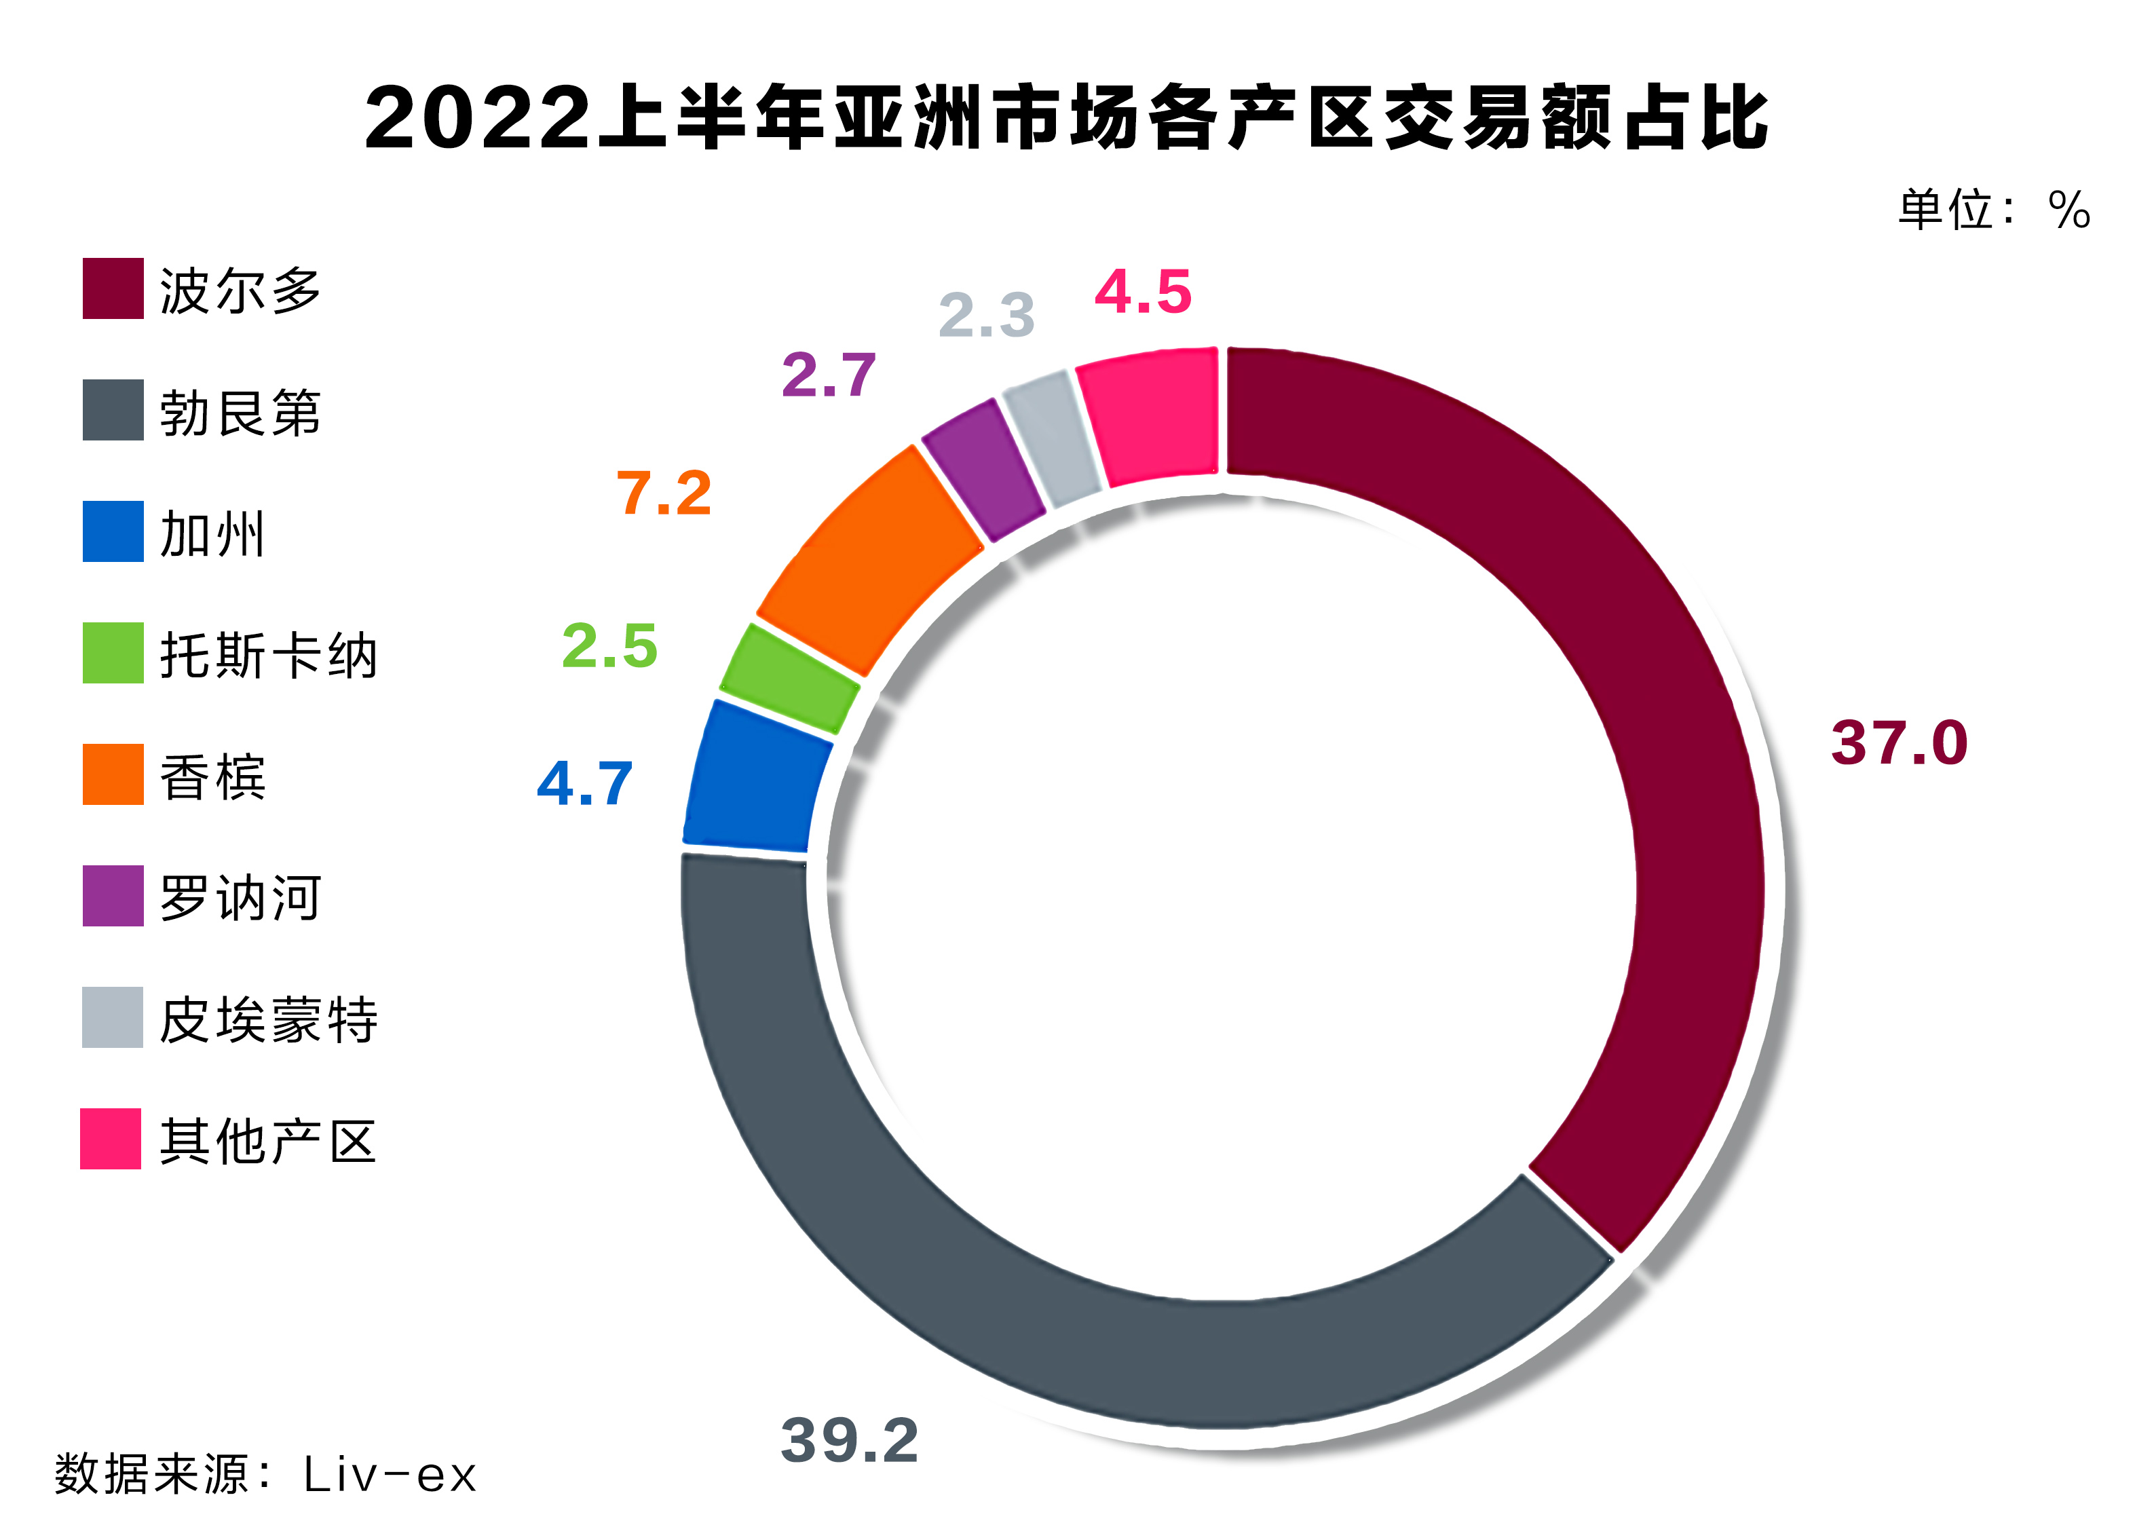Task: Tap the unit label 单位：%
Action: (x=1992, y=210)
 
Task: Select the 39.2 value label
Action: (x=849, y=1440)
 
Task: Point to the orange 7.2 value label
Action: (x=664, y=493)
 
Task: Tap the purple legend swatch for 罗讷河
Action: (x=113, y=896)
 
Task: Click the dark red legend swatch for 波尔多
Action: (x=113, y=288)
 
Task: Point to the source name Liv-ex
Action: (x=389, y=1474)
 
